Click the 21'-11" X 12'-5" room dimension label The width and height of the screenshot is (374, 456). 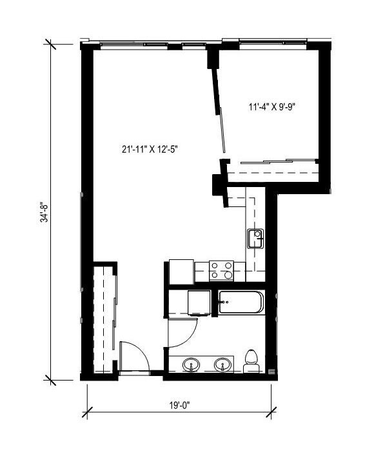coord(149,149)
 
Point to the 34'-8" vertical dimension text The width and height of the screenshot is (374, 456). coord(43,211)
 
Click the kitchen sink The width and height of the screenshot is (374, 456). coord(256,238)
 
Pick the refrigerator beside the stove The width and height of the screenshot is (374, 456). coord(181,271)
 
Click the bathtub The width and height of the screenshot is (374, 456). coord(241,302)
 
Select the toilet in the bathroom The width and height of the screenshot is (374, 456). coord(253,362)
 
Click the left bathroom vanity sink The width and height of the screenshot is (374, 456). coord(192,366)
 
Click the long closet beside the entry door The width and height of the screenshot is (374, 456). coord(103,317)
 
